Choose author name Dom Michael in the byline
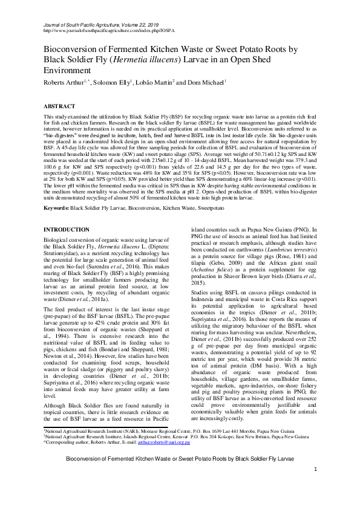click(x=208, y=82)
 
